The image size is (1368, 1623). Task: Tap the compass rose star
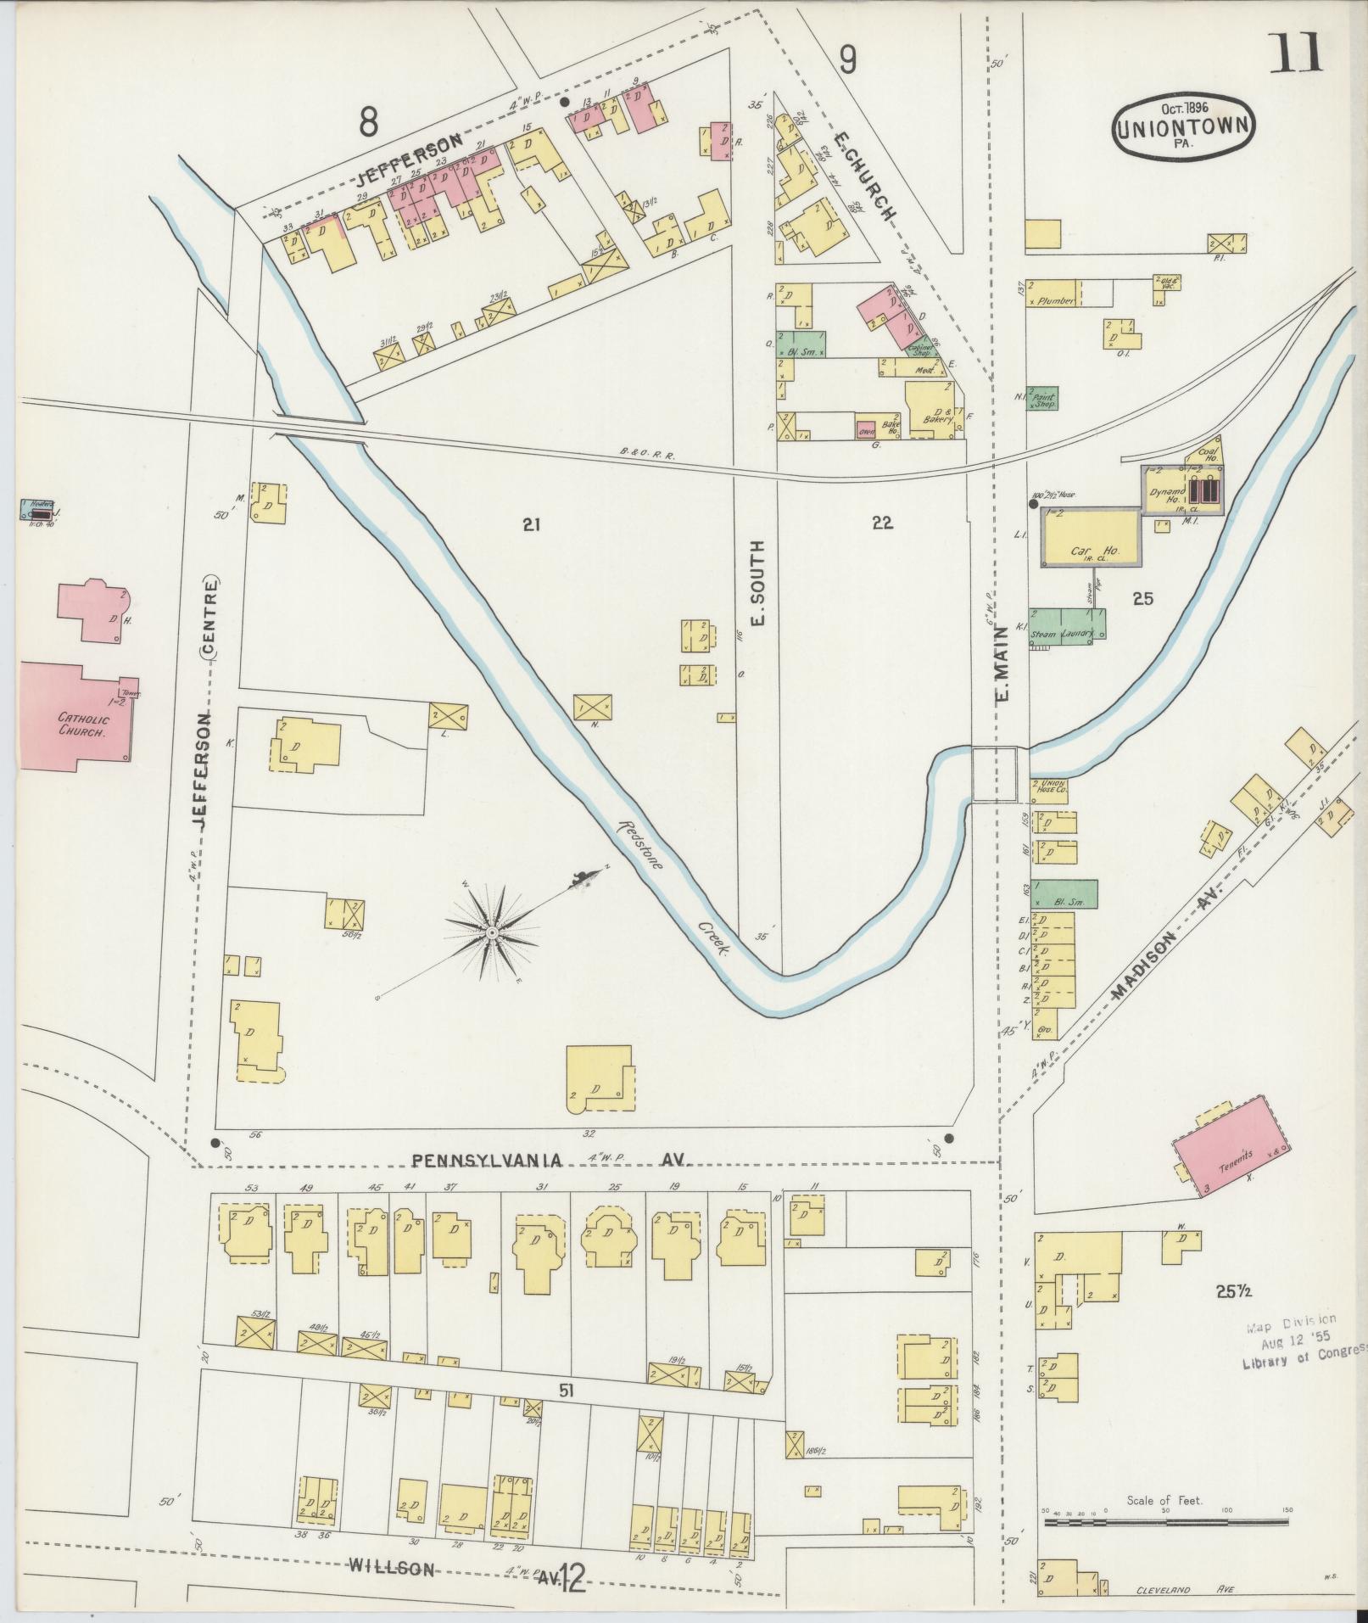[490, 932]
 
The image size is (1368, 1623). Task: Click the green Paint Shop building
[1043, 399]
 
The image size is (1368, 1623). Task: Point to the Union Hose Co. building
[1050, 790]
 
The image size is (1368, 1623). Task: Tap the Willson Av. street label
[458, 1569]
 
